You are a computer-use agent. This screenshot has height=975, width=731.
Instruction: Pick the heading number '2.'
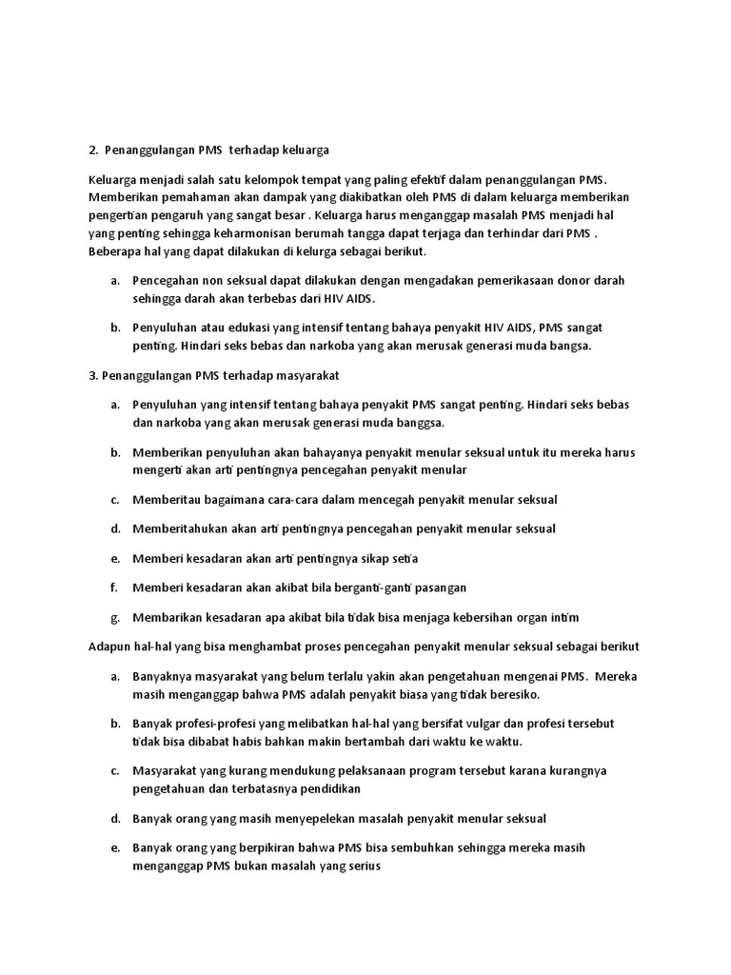[x=92, y=149]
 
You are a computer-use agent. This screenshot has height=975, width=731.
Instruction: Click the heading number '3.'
[x=92, y=376]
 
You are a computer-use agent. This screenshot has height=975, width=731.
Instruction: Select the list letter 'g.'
[x=114, y=616]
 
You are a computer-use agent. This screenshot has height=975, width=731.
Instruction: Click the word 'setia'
[x=403, y=557]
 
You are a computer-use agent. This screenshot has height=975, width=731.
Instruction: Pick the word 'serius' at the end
[x=362, y=866]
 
